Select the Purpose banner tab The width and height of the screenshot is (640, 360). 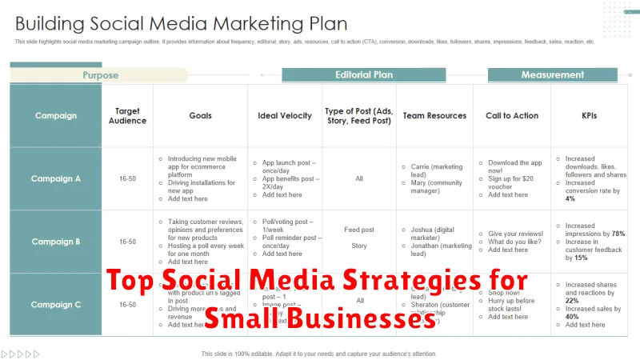pyautogui.click(x=100, y=75)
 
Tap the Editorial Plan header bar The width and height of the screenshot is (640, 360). pyautogui.click(x=364, y=74)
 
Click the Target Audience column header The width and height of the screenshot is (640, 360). pyautogui.click(x=128, y=116)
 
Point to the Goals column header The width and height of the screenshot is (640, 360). pyautogui.click(x=200, y=116)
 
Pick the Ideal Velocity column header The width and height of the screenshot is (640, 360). pyautogui.click(x=285, y=116)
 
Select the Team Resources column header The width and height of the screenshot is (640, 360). pyautogui.click(x=435, y=116)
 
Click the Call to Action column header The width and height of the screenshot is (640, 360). pyautogui.click(x=512, y=116)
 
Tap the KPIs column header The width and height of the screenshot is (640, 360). pyautogui.click(x=590, y=116)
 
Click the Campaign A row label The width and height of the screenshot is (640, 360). pyautogui.click(x=56, y=178)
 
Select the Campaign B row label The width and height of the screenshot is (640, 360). pyautogui.click(x=56, y=241)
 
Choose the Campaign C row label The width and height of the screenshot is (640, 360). pyautogui.click(x=56, y=304)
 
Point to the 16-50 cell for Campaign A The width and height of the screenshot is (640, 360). pyautogui.click(x=128, y=178)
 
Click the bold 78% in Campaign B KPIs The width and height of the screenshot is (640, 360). pyautogui.click(x=618, y=234)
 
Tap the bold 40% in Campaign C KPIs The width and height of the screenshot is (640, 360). pyautogui.click(x=571, y=316)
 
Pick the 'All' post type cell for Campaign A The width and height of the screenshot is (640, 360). pyautogui.click(x=360, y=178)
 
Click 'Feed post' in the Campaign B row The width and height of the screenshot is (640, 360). pyautogui.click(x=360, y=230)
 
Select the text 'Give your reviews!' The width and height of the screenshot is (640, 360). pyautogui.click(x=516, y=234)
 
